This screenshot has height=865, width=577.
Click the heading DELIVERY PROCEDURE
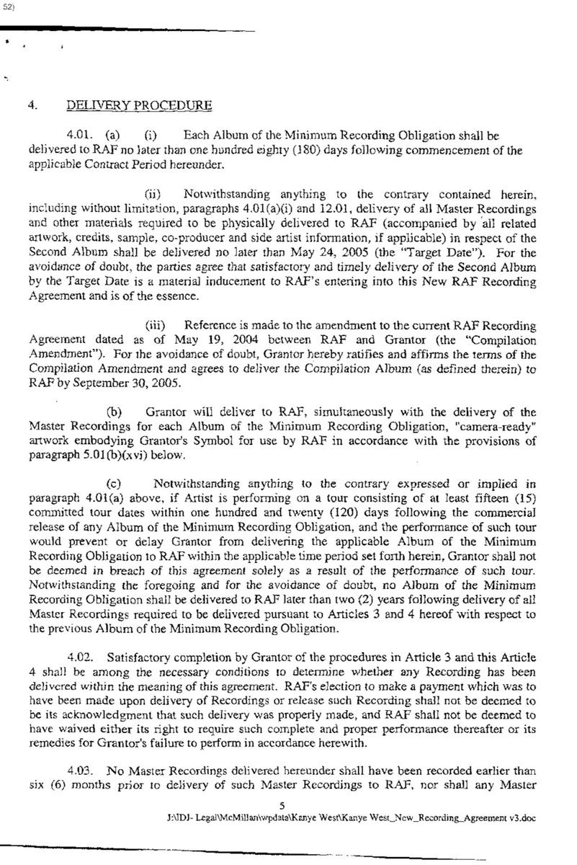(x=139, y=106)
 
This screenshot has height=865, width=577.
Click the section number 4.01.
(x=79, y=134)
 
